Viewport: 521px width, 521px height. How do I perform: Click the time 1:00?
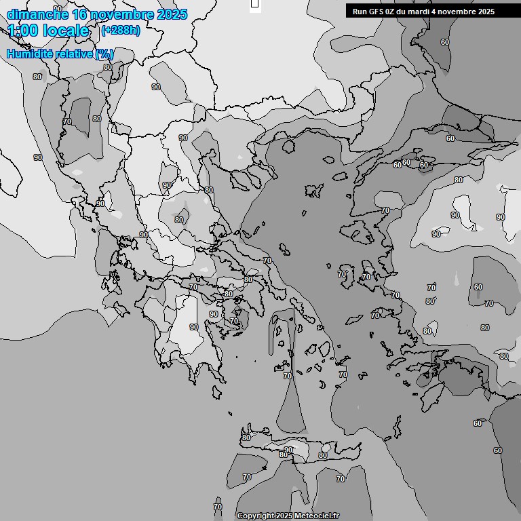(x=25, y=31)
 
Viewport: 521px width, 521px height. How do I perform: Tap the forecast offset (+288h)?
(x=120, y=31)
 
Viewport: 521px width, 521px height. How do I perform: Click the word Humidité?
(x=28, y=54)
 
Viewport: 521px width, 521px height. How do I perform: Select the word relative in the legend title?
(x=72, y=54)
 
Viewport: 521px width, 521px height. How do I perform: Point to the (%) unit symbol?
(x=104, y=54)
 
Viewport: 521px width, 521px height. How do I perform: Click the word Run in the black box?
(x=360, y=12)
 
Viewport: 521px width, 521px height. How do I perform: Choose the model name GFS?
(x=377, y=12)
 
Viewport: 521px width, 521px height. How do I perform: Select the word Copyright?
(x=256, y=516)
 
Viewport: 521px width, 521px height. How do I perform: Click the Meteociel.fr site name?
(x=322, y=516)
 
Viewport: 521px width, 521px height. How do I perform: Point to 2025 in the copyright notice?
(x=285, y=516)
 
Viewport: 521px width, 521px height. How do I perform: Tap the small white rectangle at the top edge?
(x=255, y=4)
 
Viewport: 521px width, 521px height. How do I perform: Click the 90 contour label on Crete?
(x=288, y=450)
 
